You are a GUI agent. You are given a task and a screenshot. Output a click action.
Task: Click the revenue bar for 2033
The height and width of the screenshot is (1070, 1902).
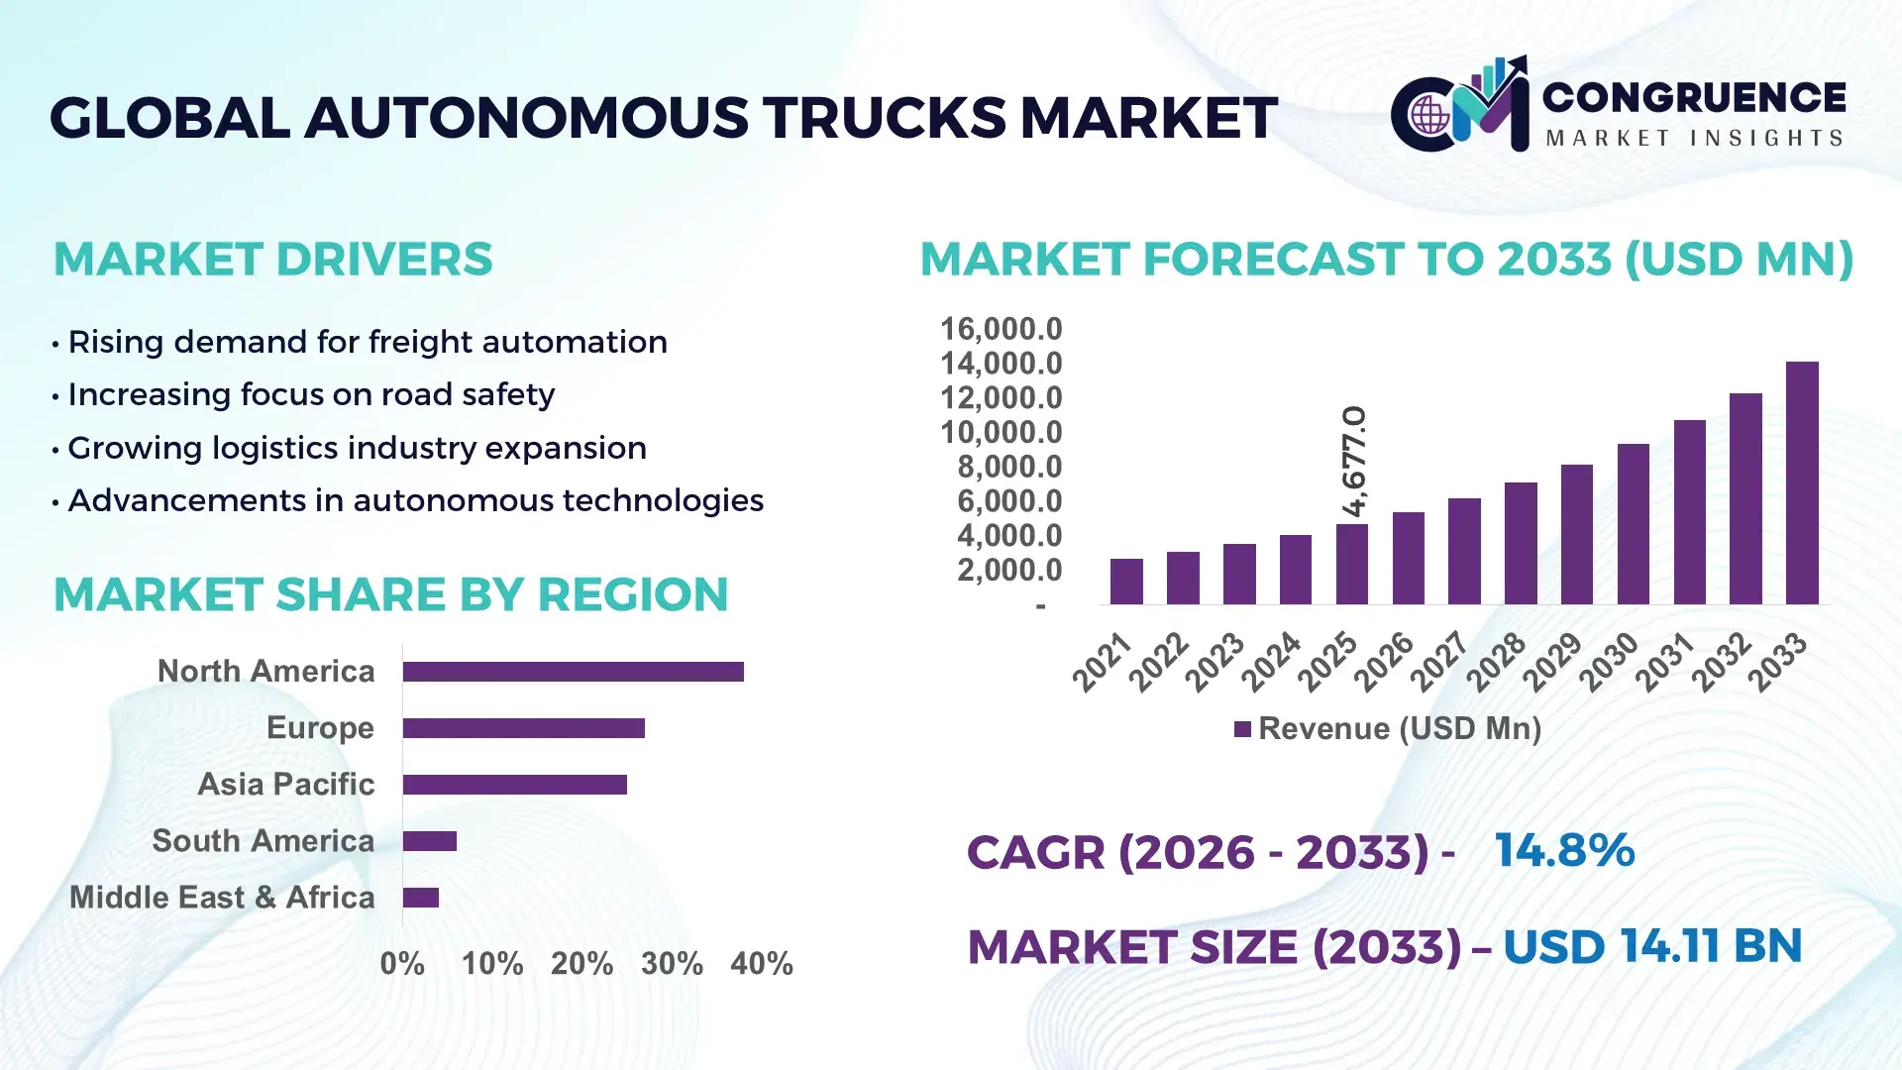pos(1802,483)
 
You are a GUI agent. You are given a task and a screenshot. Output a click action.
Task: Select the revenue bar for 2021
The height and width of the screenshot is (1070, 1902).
pos(1126,582)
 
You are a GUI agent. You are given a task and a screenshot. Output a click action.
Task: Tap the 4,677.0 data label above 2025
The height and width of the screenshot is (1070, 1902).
pos(1354,461)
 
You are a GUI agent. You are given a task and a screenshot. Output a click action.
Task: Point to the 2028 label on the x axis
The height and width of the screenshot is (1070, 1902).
pos(1496,662)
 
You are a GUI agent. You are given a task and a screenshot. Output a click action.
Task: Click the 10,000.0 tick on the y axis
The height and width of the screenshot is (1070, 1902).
pos(1001,433)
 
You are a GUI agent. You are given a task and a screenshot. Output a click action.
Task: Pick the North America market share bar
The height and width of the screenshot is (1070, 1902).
pos(573,672)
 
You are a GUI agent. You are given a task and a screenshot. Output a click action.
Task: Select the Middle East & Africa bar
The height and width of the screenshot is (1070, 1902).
pos(421,898)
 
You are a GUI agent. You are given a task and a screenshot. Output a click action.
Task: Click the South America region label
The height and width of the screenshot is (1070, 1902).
pos(264,841)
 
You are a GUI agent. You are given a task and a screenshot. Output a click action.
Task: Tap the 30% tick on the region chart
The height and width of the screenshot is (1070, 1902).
pos(672,964)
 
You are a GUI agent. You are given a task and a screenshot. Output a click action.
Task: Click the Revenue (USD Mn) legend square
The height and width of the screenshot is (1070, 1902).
pos(1242,730)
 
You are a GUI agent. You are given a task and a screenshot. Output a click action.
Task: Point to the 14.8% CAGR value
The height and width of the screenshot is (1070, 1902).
pos(1564,851)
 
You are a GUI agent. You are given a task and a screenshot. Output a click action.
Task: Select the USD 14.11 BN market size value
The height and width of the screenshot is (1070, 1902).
pos(1651,947)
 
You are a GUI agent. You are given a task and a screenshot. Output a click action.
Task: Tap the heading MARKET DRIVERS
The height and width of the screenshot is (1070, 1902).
pos(272,260)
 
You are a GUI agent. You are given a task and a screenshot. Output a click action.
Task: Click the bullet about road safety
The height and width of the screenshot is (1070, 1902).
pos(311,395)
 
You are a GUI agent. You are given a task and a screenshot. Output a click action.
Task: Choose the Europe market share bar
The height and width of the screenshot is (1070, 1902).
pos(523,728)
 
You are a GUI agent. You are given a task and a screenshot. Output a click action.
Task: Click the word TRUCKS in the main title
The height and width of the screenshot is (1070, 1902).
pos(885,118)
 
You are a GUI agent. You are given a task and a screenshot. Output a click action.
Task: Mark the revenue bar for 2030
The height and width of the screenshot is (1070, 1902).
pos(1633,524)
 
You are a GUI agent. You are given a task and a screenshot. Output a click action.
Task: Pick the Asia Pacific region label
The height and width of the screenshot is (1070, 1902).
pos(286,785)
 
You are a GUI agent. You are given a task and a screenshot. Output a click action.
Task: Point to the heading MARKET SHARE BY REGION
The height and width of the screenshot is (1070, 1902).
pos(391,595)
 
